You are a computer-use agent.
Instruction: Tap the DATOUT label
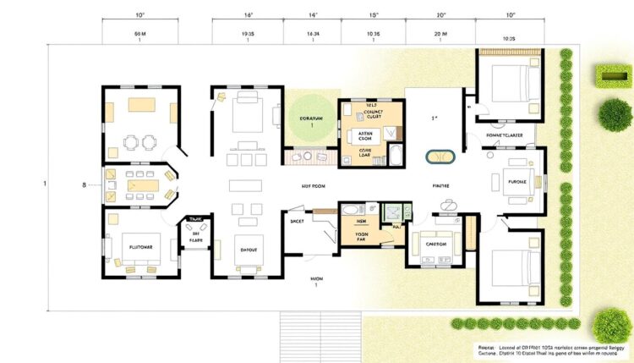248,250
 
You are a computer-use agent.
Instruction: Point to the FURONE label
516,182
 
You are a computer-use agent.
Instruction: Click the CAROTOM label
435,243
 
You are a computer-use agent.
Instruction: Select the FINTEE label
440,185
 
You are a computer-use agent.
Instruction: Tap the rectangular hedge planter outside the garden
614,77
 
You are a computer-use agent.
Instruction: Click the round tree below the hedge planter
614,113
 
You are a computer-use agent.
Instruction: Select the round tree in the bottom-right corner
612,324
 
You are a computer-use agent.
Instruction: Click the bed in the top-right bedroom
511,83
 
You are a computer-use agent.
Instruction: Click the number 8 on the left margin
84,184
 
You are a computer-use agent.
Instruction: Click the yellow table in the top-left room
140,105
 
